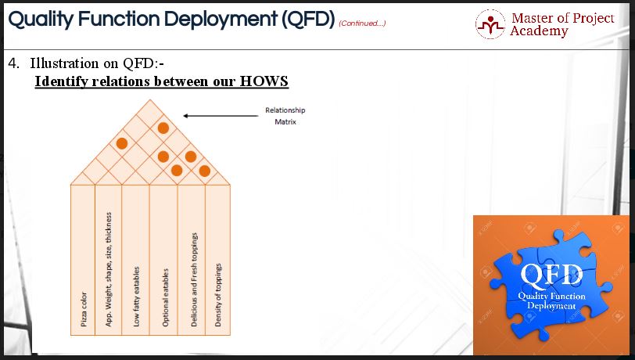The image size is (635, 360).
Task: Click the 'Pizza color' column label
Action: (x=84, y=309)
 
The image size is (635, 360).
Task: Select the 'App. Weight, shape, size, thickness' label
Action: (x=109, y=269)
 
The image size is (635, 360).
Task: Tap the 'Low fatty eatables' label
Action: (x=137, y=297)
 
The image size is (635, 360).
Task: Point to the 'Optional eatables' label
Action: (x=165, y=297)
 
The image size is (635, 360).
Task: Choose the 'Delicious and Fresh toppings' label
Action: (x=194, y=279)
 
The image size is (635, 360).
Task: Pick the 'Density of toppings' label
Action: (x=218, y=295)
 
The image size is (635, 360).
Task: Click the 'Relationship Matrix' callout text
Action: (x=285, y=116)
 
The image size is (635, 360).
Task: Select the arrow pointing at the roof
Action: (x=221, y=116)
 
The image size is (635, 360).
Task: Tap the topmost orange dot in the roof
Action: (x=163, y=128)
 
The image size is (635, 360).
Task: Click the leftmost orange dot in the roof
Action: (x=122, y=143)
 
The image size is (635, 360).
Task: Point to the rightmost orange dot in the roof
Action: (x=205, y=171)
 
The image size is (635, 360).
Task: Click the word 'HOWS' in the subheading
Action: (x=264, y=81)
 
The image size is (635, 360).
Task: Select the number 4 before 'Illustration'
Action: (x=13, y=63)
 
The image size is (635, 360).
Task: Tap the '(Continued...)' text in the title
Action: (x=362, y=23)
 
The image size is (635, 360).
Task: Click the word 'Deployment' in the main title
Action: (x=221, y=20)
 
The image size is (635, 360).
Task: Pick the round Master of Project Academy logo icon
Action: (x=490, y=24)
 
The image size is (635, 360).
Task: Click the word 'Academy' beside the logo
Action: (x=539, y=31)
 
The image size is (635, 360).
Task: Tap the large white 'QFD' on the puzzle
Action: (x=551, y=275)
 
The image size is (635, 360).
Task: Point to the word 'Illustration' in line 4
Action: (x=64, y=63)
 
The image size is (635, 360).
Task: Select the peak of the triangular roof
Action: (x=150, y=99)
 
